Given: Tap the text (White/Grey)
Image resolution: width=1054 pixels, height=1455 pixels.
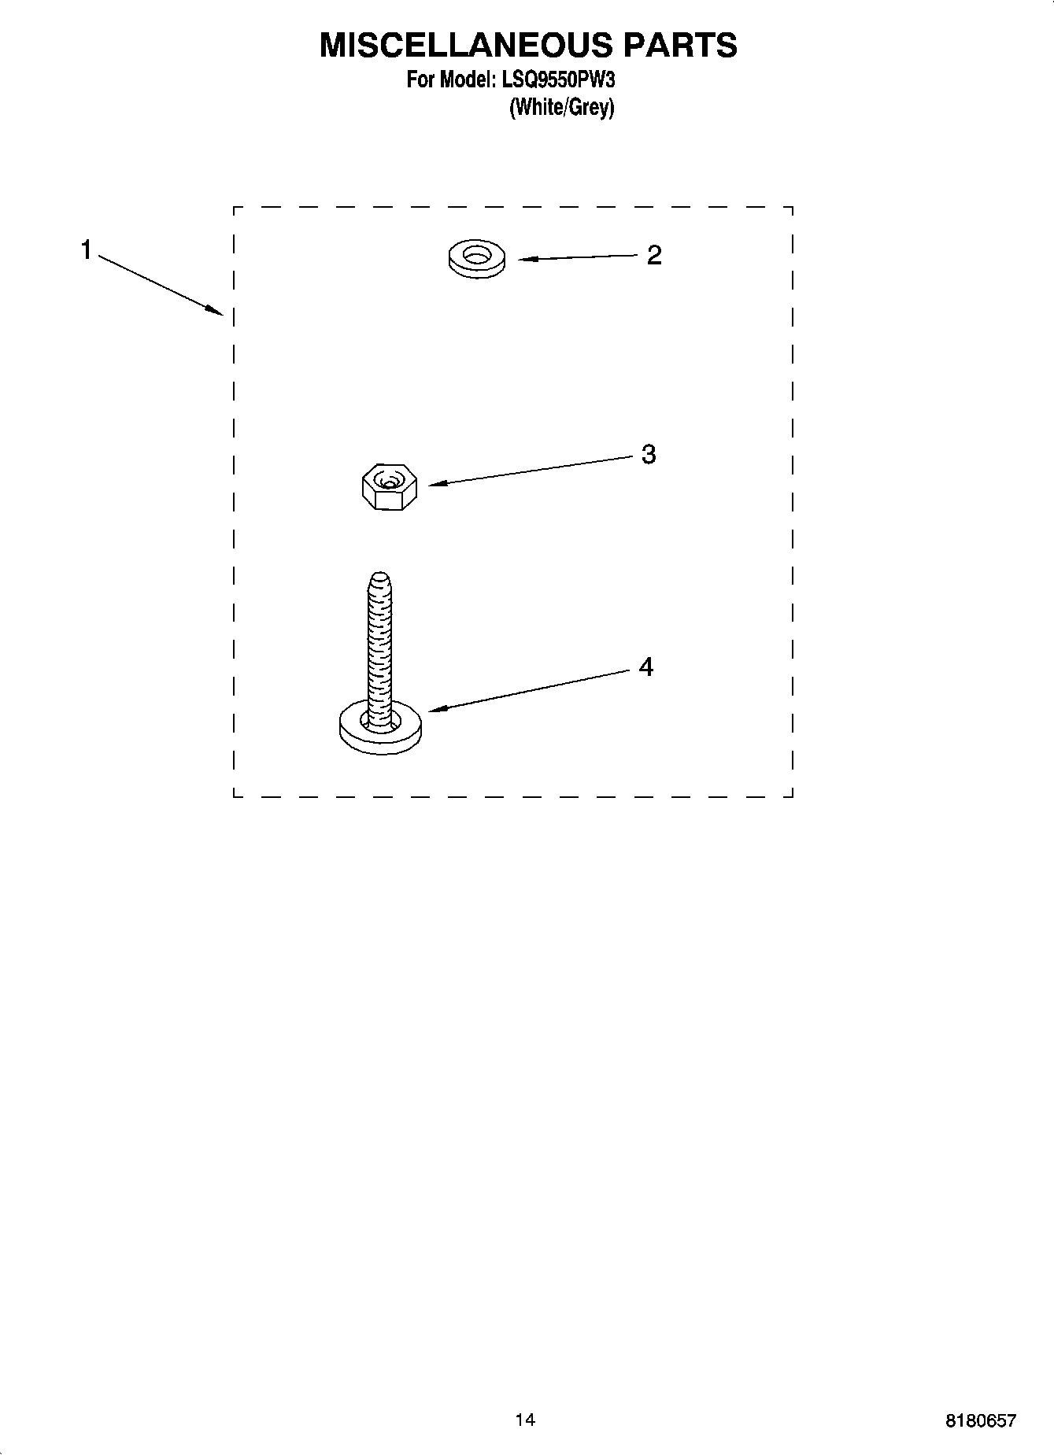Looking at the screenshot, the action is pyautogui.click(x=561, y=107).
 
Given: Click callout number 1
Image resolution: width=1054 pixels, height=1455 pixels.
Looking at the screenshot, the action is pyautogui.click(x=86, y=250).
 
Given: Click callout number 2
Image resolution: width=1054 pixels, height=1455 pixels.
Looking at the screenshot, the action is pyautogui.click(x=654, y=255).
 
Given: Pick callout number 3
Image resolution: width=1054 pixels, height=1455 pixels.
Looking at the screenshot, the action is pyautogui.click(x=649, y=454).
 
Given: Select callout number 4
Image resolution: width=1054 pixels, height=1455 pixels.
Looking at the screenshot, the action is pyautogui.click(x=646, y=667).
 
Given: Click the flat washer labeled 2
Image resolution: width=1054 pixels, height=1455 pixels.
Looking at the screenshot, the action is pyautogui.click(x=477, y=260).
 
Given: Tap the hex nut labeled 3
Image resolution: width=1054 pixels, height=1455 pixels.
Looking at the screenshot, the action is pyautogui.click(x=388, y=487).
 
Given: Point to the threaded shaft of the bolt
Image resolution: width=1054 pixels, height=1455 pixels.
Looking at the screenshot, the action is pyautogui.click(x=379, y=637).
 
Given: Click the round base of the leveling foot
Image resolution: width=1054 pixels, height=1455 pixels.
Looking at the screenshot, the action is pyautogui.click(x=380, y=728).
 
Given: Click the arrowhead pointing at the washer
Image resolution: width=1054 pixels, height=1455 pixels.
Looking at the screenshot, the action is pyautogui.click(x=523, y=258).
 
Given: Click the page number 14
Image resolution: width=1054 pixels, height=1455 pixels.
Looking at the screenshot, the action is pyautogui.click(x=525, y=1420).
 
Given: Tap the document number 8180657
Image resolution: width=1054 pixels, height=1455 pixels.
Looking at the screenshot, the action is pyautogui.click(x=981, y=1420).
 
